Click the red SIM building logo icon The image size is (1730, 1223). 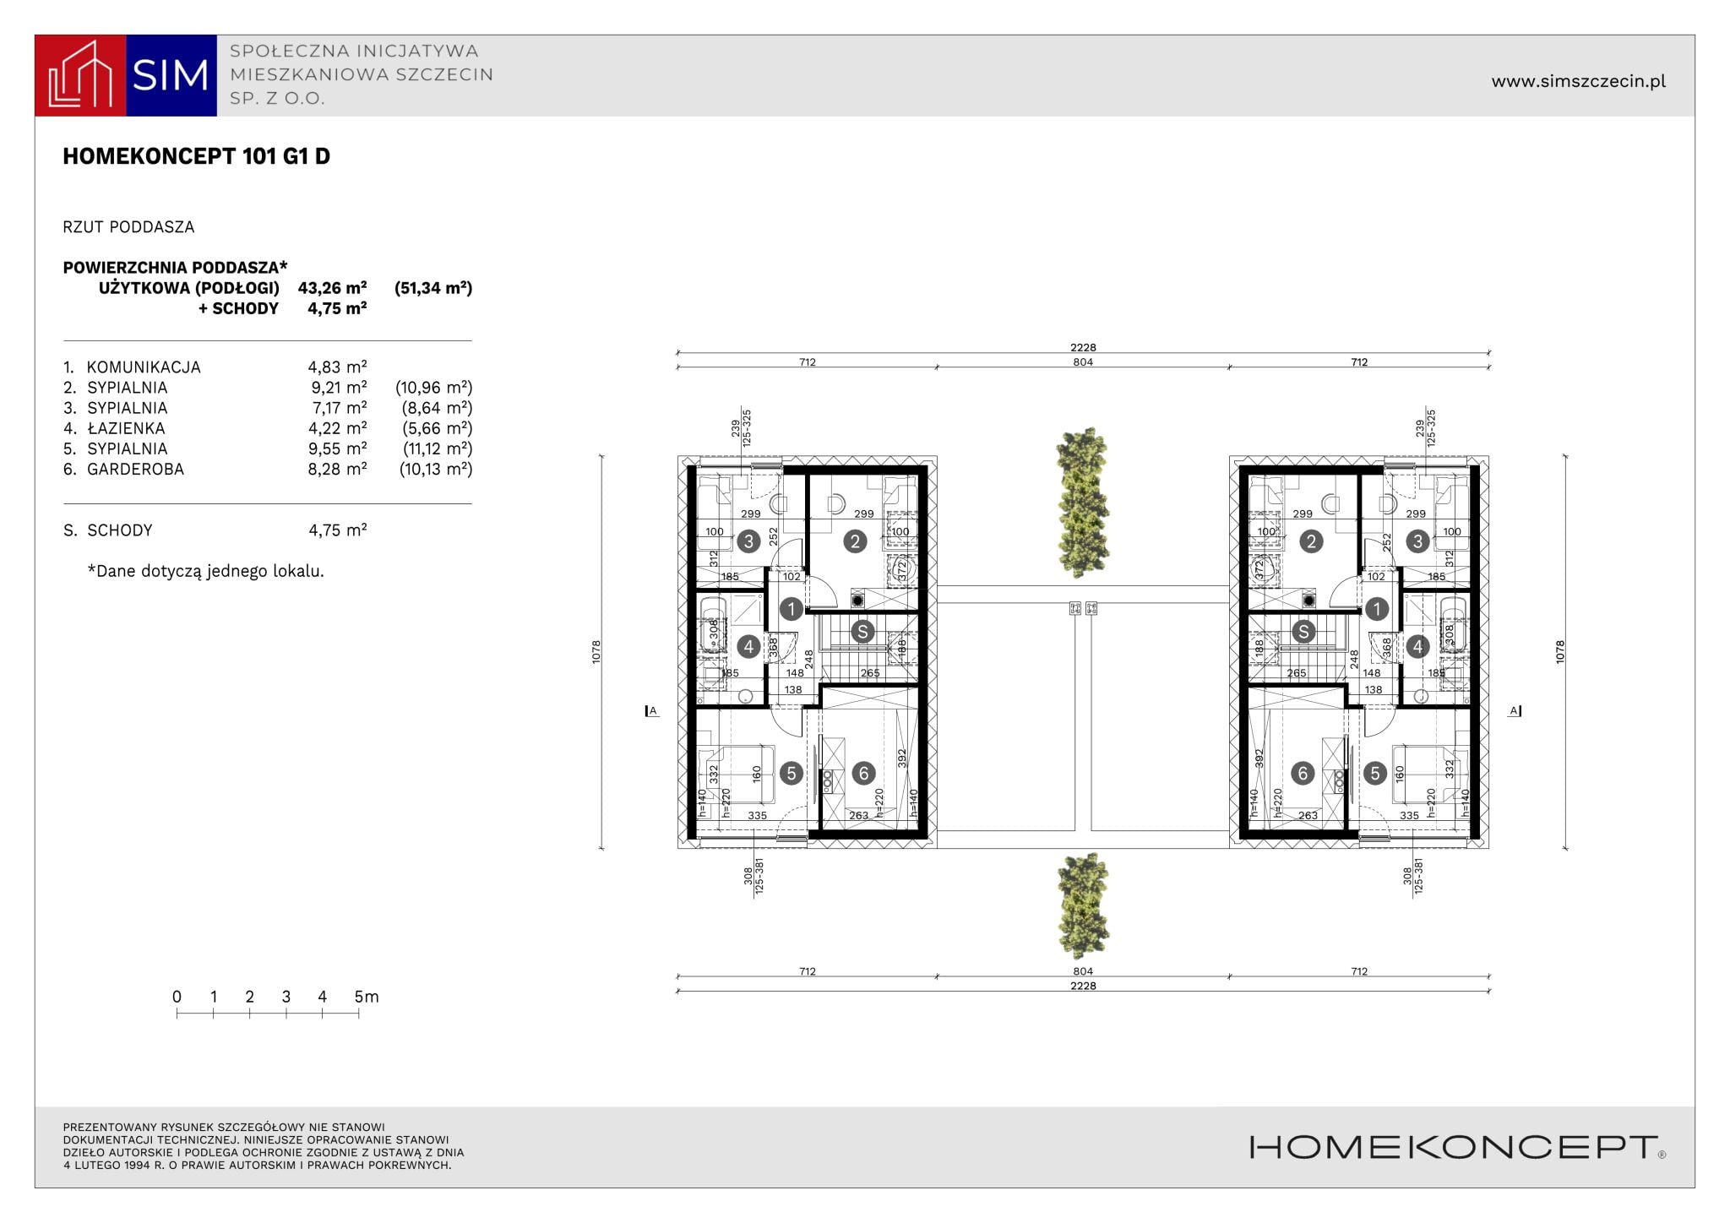(x=80, y=75)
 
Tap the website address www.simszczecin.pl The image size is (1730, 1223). (x=1578, y=81)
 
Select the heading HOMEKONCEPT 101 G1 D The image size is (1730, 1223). (x=196, y=156)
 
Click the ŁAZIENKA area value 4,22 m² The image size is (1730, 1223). (x=337, y=428)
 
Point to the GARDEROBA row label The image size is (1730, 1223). (x=135, y=469)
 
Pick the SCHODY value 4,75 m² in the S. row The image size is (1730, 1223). (x=337, y=530)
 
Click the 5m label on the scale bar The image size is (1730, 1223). (x=367, y=997)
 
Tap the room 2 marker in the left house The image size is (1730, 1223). (x=855, y=541)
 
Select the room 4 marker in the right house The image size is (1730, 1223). (x=1417, y=647)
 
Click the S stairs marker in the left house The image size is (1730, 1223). (x=862, y=631)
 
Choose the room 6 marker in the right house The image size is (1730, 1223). (x=1303, y=773)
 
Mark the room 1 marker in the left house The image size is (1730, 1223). (x=792, y=608)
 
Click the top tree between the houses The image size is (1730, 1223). (x=1083, y=503)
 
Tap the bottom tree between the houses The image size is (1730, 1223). (x=1083, y=905)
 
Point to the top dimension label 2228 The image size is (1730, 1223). (x=1083, y=347)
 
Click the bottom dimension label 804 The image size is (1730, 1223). (x=1083, y=971)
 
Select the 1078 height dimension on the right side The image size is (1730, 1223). (x=1560, y=651)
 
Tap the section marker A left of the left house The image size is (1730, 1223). (x=651, y=711)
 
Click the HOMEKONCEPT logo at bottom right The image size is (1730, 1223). (x=1457, y=1147)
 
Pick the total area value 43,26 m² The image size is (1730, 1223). (x=332, y=288)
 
